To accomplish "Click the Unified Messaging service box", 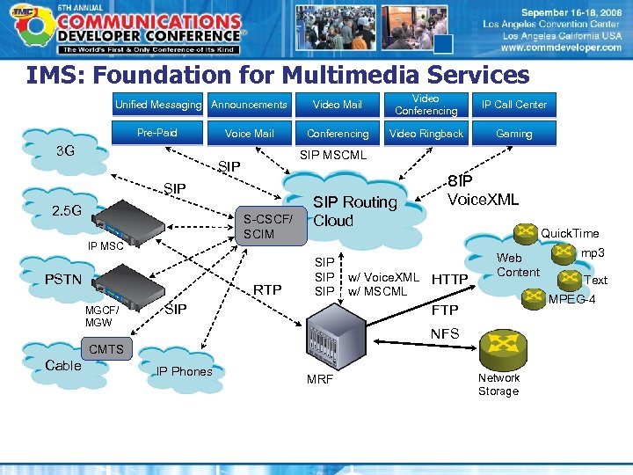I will tap(158, 105).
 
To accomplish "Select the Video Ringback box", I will tap(426, 134).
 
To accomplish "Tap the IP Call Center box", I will tap(513, 105).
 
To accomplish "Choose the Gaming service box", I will tap(513, 134).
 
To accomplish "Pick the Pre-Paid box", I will tap(157, 133).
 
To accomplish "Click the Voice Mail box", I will tap(250, 134).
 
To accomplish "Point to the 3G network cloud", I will tap(65, 150).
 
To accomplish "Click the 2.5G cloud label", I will tap(67, 211).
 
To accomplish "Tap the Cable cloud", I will tap(63, 365).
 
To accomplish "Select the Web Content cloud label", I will tap(518, 265).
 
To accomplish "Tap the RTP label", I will tap(267, 289).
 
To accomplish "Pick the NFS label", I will tap(445, 333).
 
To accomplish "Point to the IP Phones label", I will tap(184, 371).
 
